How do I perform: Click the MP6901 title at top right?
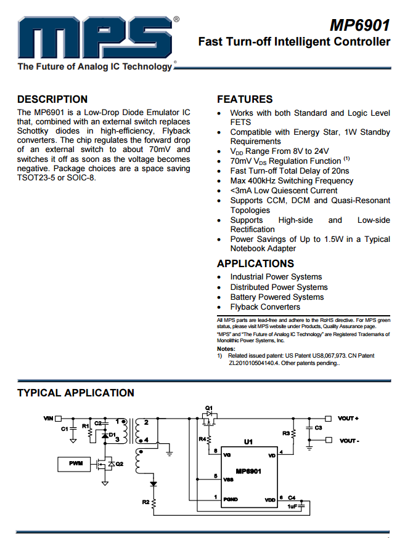point(359,25)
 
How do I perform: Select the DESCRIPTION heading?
point(52,99)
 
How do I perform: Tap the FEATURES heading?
point(245,99)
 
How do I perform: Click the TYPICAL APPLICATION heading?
point(75,393)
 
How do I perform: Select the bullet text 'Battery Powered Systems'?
point(277,297)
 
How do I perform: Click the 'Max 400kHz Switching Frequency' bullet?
point(292,180)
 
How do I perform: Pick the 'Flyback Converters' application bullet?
point(265,307)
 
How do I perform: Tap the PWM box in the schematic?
point(75,463)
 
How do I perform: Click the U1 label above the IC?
point(248,442)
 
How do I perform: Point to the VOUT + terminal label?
point(348,419)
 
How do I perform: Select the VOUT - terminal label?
point(348,441)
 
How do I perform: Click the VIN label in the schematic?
point(49,419)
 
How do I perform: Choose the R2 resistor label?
point(145,502)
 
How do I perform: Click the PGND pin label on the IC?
point(231,499)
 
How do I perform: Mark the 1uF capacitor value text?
point(292,506)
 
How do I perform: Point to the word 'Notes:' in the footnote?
point(226,349)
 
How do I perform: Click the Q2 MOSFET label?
point(120,464)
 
